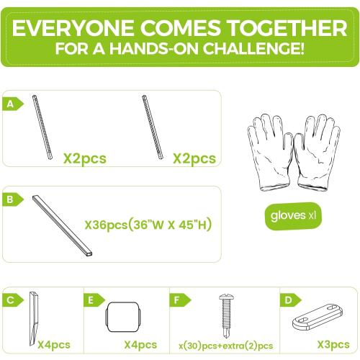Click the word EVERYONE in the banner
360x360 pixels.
(73, 28)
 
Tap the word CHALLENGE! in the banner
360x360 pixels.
(253, 49)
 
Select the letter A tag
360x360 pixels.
(13, 104)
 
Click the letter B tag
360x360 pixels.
(13, 199)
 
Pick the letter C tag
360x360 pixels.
(13, 300)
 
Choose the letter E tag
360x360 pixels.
(94, 300)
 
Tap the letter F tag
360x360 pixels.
(180, 300)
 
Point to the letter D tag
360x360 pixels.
(290, 300)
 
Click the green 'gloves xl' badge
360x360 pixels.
(293, 216)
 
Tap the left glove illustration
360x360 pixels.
(271, 152)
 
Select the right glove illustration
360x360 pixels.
(318, 153)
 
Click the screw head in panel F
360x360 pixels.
(226, 297)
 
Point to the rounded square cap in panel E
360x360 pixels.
(123, 317)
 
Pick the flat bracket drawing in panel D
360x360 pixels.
(318, 317)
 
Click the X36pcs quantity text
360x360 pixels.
(106, 225)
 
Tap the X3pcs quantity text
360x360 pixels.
(333, 345)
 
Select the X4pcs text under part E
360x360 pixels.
(140, 346)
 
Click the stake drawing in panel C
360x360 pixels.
(34, 319)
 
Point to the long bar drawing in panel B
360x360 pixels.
(62, 226)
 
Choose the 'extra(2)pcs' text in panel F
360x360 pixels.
(248, 346)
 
